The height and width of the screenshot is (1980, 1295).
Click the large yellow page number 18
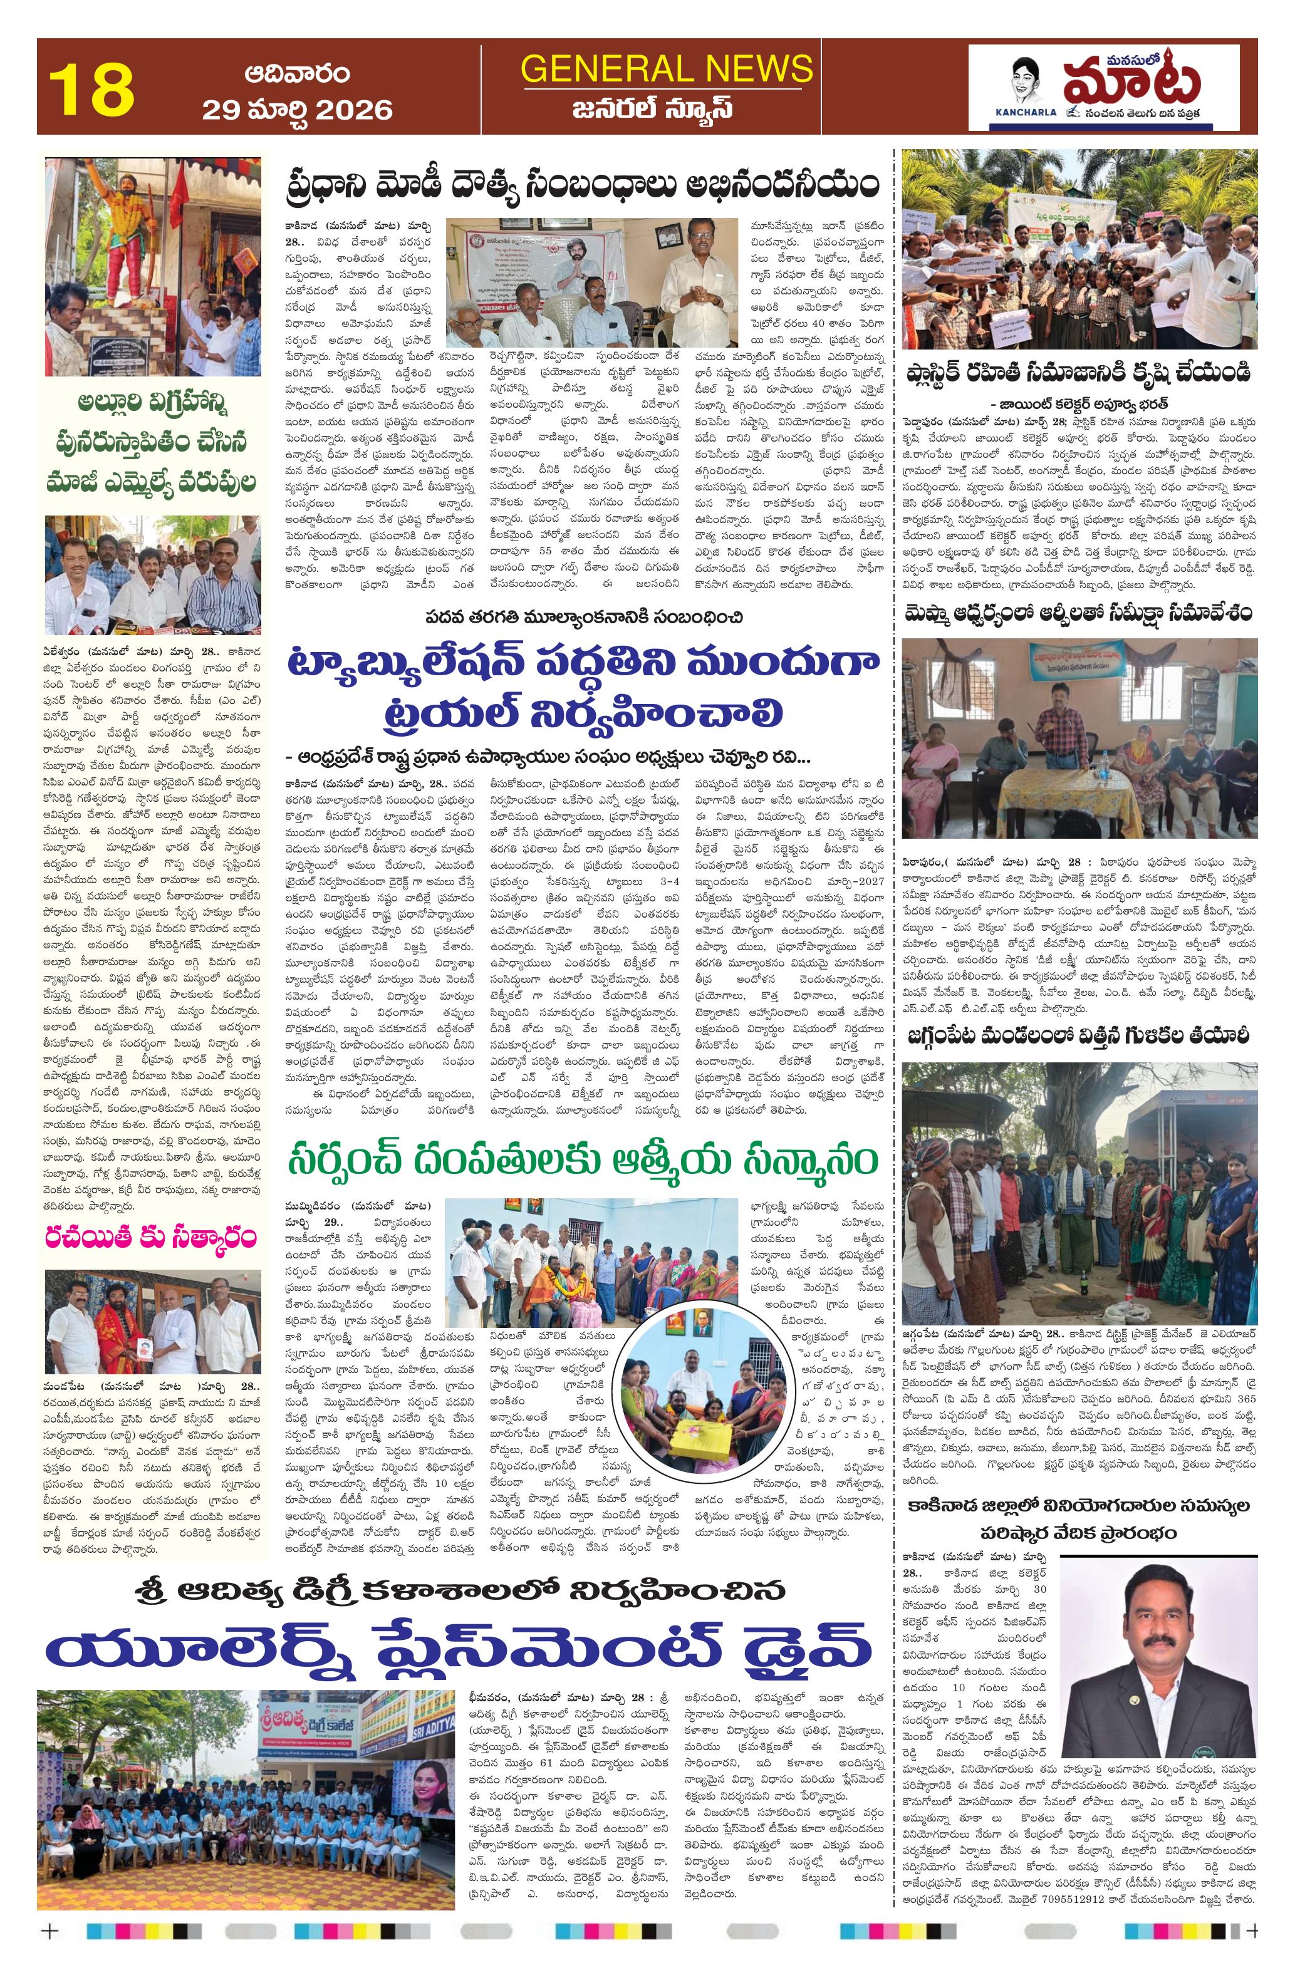click(x=91, y=90)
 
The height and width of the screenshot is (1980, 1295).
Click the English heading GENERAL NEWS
click(x=666, y=68)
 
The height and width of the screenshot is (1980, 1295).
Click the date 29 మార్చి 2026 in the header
click(x=296, y=109)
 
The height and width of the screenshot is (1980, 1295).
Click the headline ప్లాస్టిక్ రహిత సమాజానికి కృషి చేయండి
click(x=1079, y=372)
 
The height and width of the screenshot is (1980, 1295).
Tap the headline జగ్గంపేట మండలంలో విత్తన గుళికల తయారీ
click(x=1079, y=1036)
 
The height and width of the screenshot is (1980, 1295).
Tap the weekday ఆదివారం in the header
click(x=296, y=73)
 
